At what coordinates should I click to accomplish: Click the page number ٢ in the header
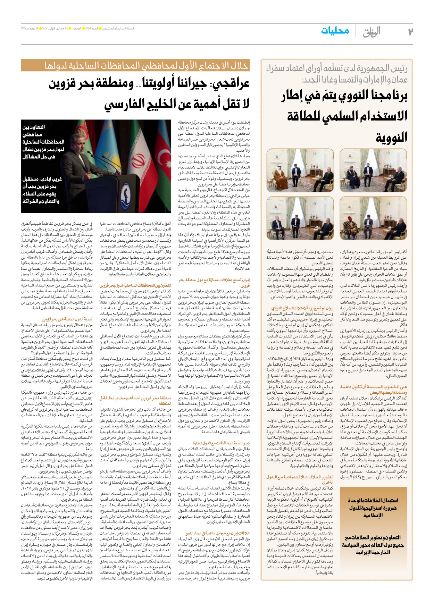[x=410, y=32]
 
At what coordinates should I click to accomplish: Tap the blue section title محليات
[x=335, y=31]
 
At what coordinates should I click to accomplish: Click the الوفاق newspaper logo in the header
[x=372, y=32]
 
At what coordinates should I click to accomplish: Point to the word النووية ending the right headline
[x=391, y=137]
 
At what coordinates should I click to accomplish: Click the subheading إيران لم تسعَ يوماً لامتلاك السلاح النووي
[x=302, y=308]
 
